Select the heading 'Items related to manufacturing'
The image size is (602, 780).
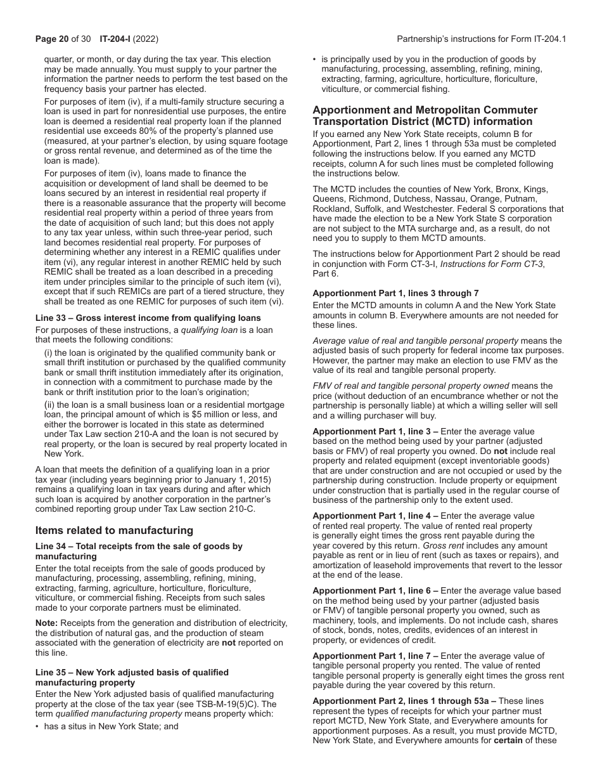coord(114,530)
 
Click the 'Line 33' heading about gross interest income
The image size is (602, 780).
coord(148,318)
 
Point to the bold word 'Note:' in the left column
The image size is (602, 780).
coord(46,623)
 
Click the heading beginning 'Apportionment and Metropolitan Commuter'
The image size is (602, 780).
coord(425,110)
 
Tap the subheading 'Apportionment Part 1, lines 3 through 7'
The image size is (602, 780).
coord(395,293)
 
